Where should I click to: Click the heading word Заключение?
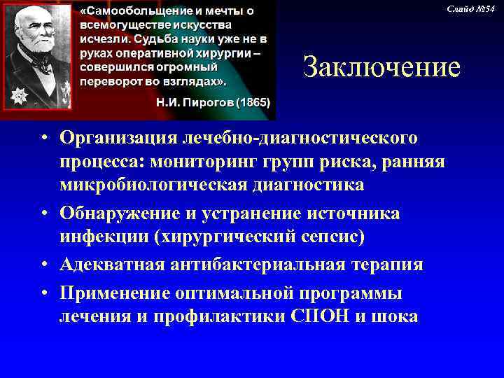[381, 68]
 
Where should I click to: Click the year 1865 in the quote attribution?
[255, 102]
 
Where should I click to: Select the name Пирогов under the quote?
[206, 102]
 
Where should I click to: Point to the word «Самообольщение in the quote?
[132, 12]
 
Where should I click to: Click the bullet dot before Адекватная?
[44, 265]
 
